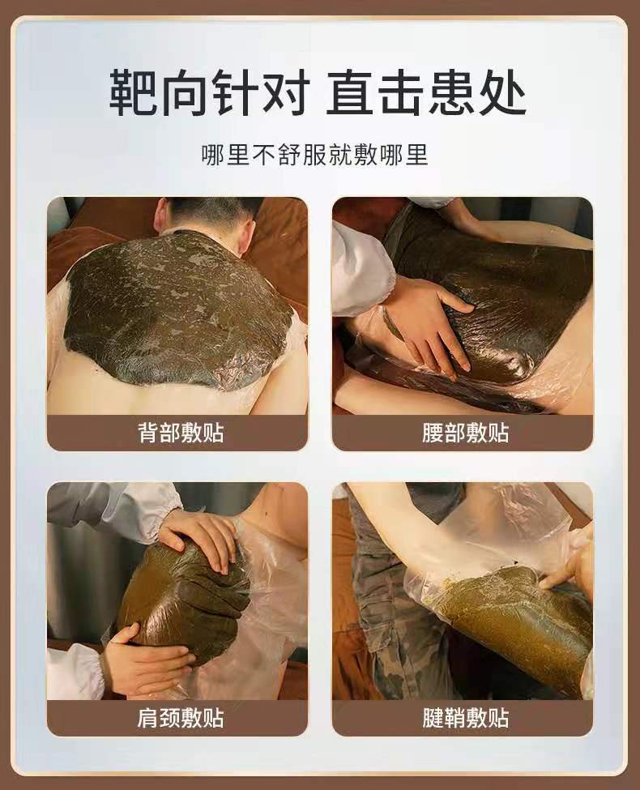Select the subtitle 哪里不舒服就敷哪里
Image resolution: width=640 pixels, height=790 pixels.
pos(315,155)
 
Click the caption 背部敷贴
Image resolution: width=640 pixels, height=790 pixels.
pos(181,433)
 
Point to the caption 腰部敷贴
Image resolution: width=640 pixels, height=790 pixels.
pos(466,433)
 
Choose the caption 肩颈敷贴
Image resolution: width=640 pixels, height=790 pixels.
pos(181,718)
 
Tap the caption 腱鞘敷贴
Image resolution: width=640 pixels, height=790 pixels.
pos(466,718)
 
